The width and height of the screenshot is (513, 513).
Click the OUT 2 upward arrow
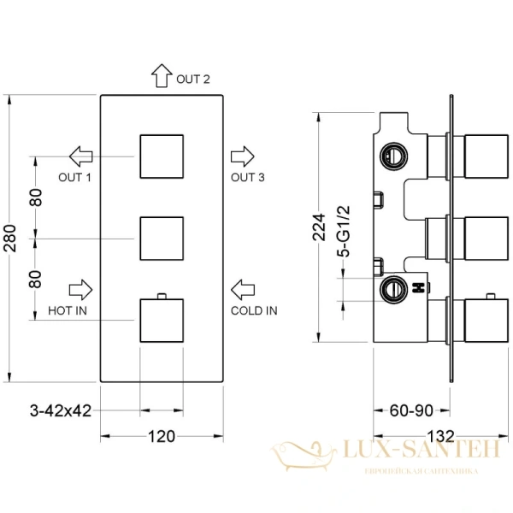click(161, 76)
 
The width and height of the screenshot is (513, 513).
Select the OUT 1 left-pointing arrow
click(81, 156)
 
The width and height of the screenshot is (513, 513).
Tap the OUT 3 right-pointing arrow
click(243, 156)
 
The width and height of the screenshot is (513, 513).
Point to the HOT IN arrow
click(81, 287)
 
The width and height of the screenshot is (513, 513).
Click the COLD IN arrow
click(244, 288)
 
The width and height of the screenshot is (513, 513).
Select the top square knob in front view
click(162, 156)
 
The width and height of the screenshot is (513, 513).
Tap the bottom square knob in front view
click(162, 319)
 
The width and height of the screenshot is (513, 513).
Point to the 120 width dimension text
click(162, 437)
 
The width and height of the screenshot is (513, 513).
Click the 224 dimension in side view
click(319, 228)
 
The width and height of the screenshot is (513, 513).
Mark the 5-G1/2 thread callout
click(345, 228)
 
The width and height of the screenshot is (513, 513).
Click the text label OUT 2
click(193, 80)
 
